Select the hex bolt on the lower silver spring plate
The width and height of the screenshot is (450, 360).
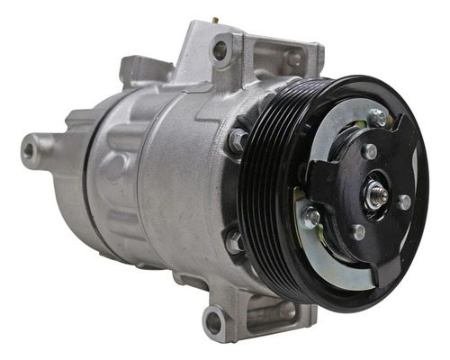311,217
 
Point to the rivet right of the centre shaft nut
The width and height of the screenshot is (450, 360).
404,202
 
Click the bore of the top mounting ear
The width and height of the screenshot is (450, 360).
220,50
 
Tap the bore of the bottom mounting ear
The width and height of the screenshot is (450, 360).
213,319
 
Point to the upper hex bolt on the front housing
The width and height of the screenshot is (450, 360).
237,139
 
